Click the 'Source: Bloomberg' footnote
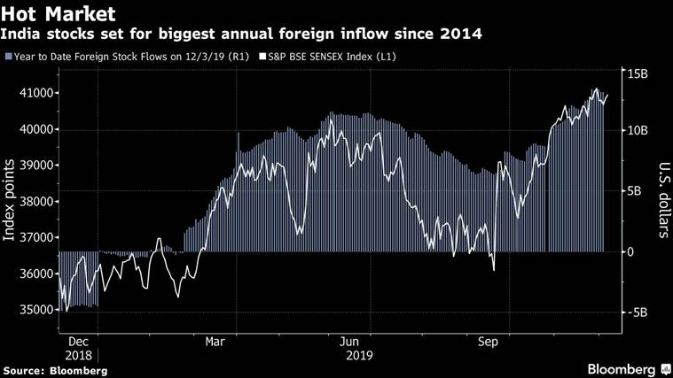pos(55,369)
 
